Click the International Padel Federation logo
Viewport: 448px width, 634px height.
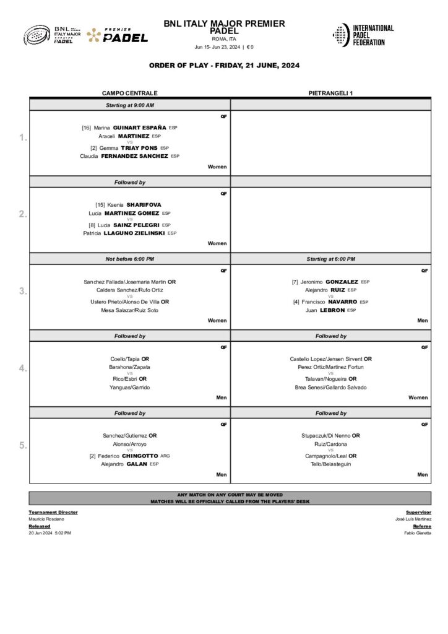click(x=363, y=35)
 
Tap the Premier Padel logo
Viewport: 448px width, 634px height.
click(x=118, y=35)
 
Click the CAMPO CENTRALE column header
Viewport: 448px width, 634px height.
click(x=129, y=93)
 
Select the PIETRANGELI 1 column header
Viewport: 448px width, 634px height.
click(x=330, y=93)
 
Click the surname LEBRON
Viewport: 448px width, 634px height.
click(x=332, y=310)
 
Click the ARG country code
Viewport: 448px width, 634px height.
click(x=165, y=456)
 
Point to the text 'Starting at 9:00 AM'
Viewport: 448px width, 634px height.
click(x=129, y=105)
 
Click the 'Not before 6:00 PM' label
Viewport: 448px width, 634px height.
click(x=129, y=259)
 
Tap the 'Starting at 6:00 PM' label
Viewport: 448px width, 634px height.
click(x=330, y=259)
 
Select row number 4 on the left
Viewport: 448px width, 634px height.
click(x=22, y=368)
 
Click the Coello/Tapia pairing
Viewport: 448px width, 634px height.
click(x=124, y=358)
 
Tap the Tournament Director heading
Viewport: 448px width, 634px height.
click(x=53, y=512)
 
